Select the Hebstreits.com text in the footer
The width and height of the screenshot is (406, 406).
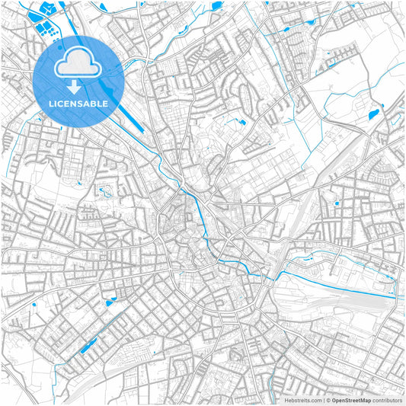[302, 400]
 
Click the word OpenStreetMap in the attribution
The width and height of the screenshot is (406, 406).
[351, 400]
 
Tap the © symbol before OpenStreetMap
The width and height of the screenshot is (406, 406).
[328, 400]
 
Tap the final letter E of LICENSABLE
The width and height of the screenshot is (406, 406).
[106, 103]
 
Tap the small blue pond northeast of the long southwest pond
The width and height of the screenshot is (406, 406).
[110, 302]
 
